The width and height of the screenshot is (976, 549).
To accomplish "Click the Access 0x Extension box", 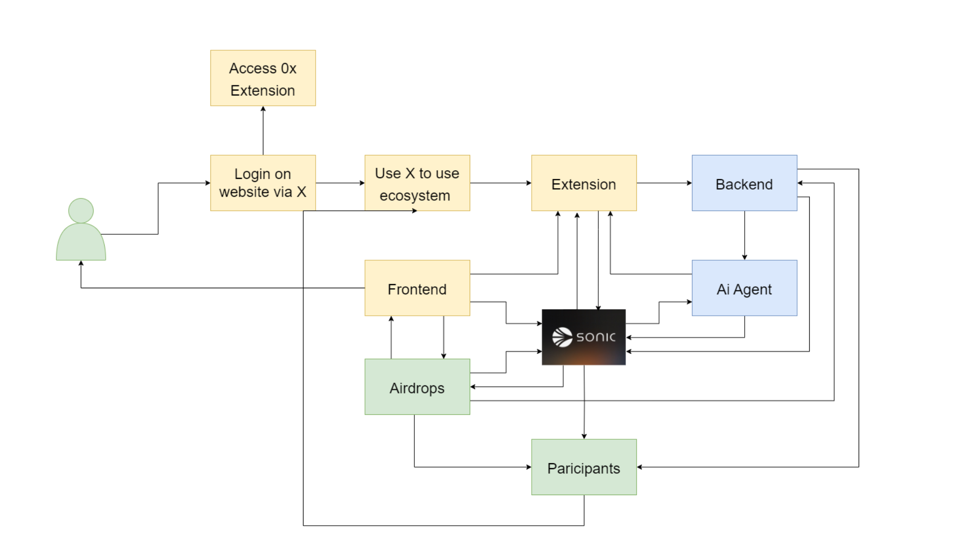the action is [x=263, y=78].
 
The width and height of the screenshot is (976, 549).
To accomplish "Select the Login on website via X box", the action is [x=263, y=183].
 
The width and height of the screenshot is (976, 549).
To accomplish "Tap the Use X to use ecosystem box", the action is [x=417, y=183].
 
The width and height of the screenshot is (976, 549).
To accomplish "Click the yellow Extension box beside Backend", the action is [x=584, y=183].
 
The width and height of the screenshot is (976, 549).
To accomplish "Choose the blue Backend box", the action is [x=745, y=183].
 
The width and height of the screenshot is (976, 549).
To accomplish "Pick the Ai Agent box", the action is [x=745, y=288].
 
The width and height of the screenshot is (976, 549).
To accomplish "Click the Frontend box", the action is [x=417, y=288].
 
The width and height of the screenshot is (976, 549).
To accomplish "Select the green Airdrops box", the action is [x=417, y=387].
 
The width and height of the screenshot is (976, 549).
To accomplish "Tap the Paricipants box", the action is [x=584, y=467].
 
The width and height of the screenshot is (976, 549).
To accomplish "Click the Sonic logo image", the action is [x=584, y=337].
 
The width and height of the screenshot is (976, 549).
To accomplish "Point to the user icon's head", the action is [x=81, y=210].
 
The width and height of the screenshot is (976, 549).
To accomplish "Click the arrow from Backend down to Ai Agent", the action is [x=745, y=235].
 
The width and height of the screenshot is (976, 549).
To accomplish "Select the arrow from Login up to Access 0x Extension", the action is [x=263, y=131].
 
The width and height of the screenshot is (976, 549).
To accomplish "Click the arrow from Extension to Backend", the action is [x=664, y=183].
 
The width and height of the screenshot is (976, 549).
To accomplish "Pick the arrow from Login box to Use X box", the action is [x=340, y=183].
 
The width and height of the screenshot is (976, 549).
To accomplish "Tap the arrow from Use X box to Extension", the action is [x=501, y=183].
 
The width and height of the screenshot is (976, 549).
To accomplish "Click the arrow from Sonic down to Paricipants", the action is [x=584, y=402].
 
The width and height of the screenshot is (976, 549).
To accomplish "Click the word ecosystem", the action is [x=415, y=196].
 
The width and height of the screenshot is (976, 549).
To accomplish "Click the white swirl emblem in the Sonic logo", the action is [x=562, y=337].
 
